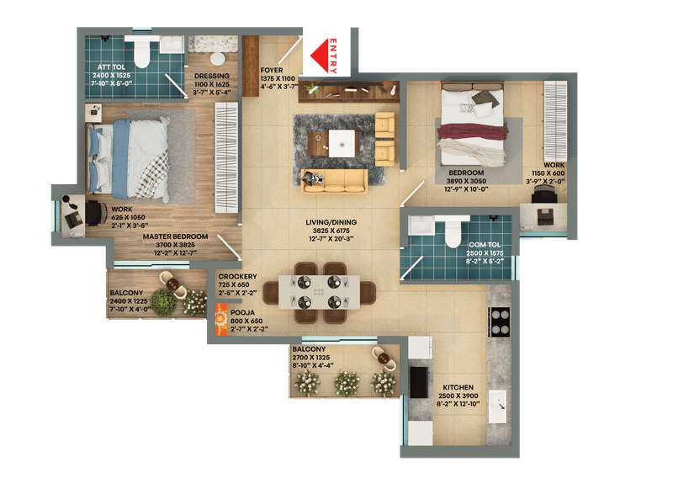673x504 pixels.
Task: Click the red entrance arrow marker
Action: point(323,56)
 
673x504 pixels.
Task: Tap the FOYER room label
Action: point(273,71)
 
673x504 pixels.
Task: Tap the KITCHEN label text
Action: point(459,388)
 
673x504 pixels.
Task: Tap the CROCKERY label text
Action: point(237,276)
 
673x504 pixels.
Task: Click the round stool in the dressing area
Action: point(218,59)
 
